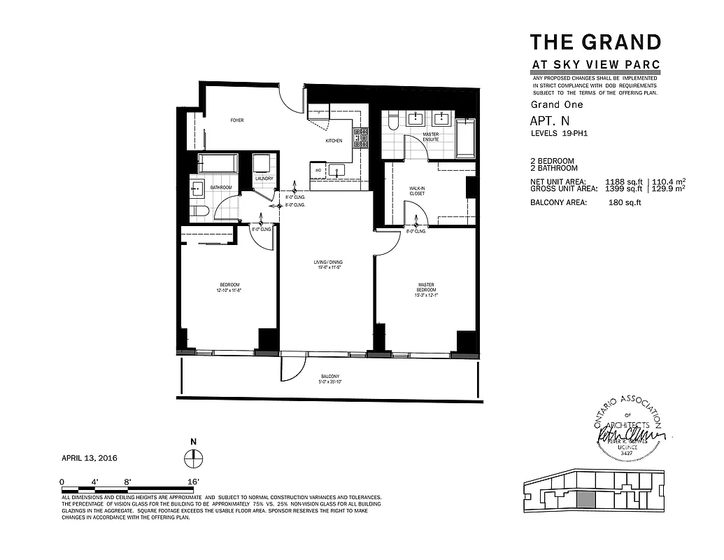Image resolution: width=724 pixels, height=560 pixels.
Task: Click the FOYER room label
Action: click(238, 120)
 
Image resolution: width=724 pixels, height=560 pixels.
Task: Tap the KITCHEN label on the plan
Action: click(334, 141)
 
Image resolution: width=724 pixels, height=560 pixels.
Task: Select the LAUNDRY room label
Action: click(264, 178)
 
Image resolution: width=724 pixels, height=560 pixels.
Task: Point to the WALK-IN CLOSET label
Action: click(417, 190)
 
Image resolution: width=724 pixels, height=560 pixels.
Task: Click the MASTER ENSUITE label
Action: click(431, 136)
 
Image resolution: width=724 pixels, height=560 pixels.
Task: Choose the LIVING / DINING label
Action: click(327, 265)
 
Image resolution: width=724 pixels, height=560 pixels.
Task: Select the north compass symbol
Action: click(193, 458)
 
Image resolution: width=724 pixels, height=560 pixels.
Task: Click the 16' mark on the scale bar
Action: click(194, 482)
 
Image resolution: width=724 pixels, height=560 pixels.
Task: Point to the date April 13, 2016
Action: click(90, 458)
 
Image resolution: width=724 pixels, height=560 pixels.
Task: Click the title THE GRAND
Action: click(595, 42)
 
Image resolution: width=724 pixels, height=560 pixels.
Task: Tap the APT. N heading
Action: click(546, 120)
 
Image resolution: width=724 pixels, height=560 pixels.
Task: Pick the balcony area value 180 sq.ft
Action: click(625, 202)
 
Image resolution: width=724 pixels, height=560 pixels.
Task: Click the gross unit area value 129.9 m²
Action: click(668, 188)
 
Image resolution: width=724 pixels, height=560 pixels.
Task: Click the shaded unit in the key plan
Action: click(585, 500)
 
